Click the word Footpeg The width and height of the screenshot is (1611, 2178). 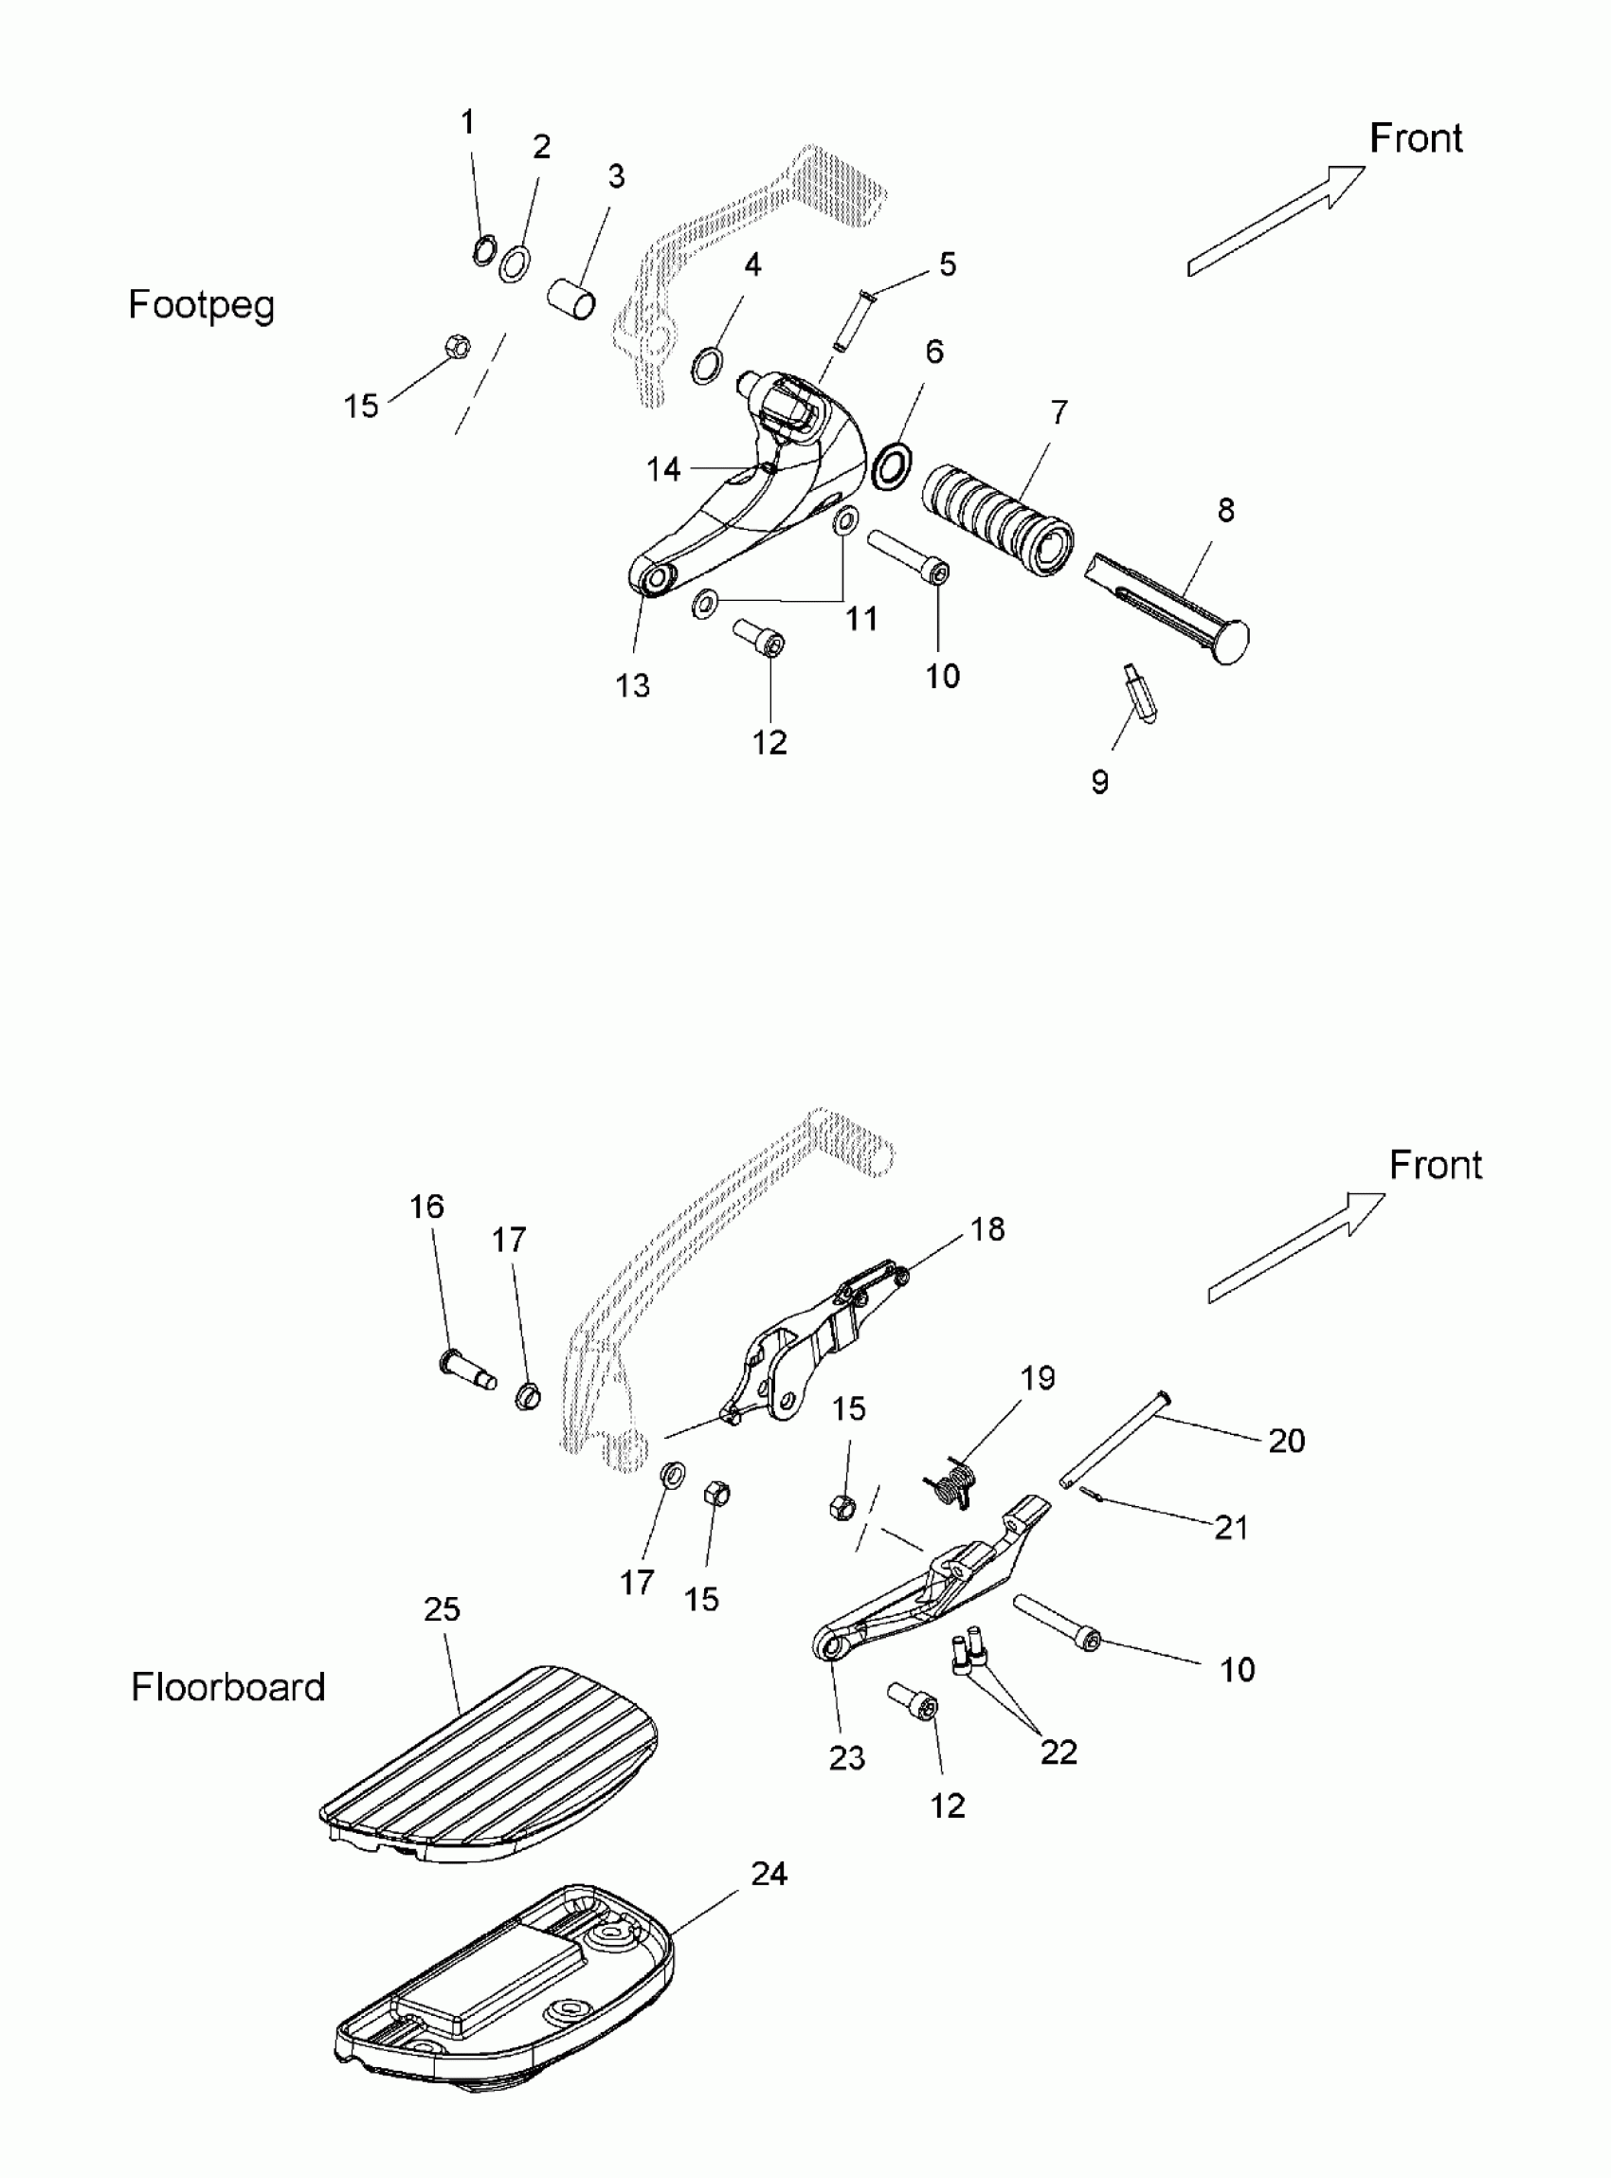(x=201, y=305)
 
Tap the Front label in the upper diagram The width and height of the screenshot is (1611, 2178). (x=1415, y=138)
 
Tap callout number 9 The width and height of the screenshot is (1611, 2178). (x=1099, y=781)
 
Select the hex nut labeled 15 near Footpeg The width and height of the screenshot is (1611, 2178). (x=456, y=345)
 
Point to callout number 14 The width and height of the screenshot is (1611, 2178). (x=663, y=469)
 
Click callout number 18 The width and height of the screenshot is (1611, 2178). (x=987, y=1229)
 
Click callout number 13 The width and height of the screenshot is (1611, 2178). (x=632, y=685)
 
